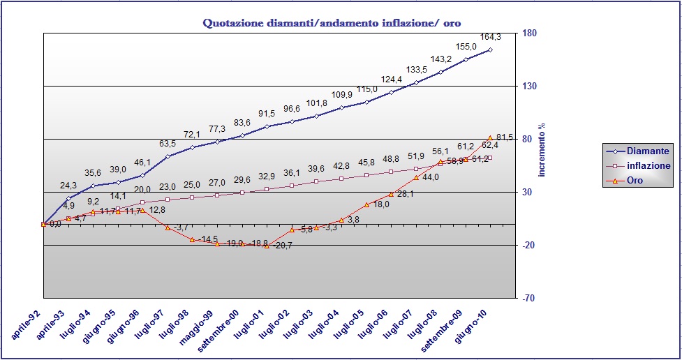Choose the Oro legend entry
[x=635, y=181]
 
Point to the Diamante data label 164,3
[x=489, y=38]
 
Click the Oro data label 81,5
[x=505, y=137]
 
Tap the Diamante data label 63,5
[x=168, y=144]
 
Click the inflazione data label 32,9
[x=267, y=177]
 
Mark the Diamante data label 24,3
[x=68, y=186]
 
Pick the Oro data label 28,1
[x=406, y=195]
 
